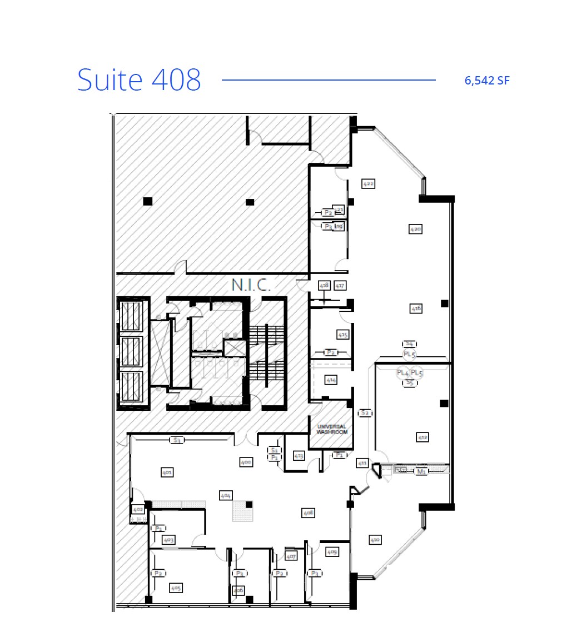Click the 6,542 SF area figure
click(487, 81)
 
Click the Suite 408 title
click(139, 79)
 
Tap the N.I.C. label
click(251, 286)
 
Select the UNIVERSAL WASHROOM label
click(332, 429)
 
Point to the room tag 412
click(422, 437)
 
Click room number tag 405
click(177, 588)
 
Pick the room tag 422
click(368, 183)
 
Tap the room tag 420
click(415, 228)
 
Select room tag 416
click(416, 308)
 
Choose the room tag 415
click(343, 335)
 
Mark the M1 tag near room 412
click(421, 471)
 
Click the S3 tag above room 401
click(177, 440)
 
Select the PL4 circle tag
click(402, 372)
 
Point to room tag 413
click(299, 456)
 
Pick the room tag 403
click(169, 540)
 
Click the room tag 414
click(331, 380)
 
